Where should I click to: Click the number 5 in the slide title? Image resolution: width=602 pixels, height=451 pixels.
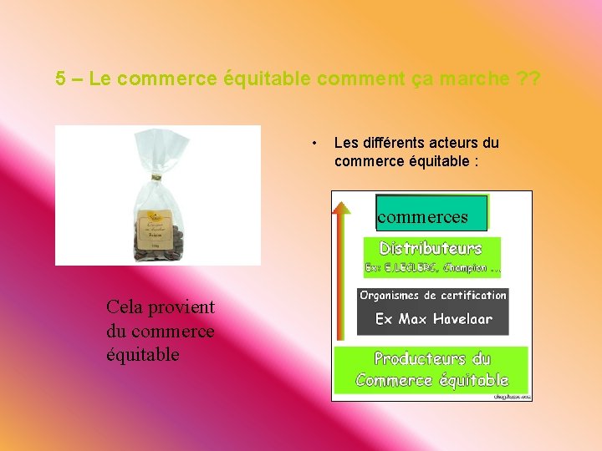(61, 79)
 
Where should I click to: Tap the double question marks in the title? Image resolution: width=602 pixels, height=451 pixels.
(529, 79)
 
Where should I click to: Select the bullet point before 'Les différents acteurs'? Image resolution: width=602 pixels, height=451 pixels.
(314, 143)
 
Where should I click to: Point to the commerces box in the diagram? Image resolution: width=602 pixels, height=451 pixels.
(431, 214)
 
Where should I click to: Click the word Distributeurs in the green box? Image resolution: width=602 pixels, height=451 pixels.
(431, 248)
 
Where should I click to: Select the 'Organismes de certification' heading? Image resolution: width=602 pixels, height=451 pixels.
(433, 295)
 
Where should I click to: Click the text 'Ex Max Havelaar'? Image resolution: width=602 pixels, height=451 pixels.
(433, 319)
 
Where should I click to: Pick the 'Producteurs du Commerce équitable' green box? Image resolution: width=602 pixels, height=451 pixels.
(431, 370)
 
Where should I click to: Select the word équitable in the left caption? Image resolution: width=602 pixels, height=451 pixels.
(143, 354)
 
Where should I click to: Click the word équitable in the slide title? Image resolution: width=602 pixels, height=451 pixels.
(265, 79)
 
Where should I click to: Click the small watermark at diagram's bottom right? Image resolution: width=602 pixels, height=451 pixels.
(513, 397)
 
